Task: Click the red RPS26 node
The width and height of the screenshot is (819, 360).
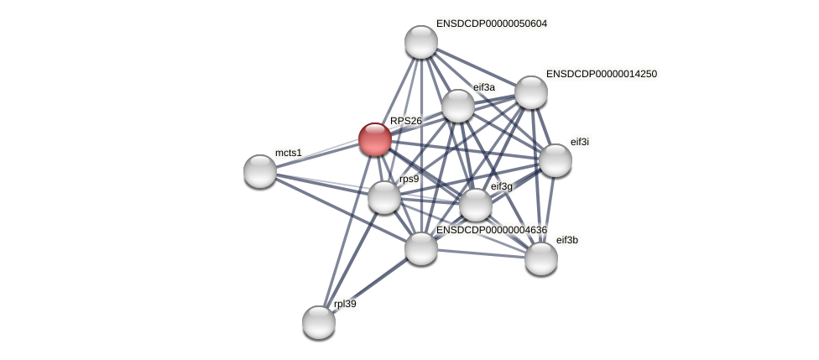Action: pos(375,139)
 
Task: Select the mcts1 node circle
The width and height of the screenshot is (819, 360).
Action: pos(260,171)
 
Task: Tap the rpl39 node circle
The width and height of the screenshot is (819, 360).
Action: pos(319,321)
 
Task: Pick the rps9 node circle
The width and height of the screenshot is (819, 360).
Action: pos(384,197)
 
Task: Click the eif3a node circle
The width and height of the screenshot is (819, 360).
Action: pos(458,106)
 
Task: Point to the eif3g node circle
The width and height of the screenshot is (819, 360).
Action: pos(476,205)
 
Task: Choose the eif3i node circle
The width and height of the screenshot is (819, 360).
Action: pos(555,160)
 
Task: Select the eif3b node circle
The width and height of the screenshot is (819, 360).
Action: pos(541,258)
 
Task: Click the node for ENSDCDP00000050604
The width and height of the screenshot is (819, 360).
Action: pos(421,42)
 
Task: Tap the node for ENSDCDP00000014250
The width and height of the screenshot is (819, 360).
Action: pos(531,92)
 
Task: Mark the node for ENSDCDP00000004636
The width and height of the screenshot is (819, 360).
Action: pos(421,248)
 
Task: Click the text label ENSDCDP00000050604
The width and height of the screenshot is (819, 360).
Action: pos(491,23)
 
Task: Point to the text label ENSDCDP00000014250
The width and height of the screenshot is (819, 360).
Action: pos(601,74)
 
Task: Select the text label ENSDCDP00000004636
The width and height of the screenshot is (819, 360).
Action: pos(491,230)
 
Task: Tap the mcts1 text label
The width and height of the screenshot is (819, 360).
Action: pos(288,153)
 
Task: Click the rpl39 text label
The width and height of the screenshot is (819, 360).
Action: pos(345,304)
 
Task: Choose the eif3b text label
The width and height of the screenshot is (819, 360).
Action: pos(567,240)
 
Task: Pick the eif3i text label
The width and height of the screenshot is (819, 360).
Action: pos(580,142)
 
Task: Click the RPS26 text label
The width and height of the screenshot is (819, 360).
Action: pos(406,121)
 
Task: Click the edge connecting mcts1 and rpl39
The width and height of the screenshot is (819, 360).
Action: pos(290,246)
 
